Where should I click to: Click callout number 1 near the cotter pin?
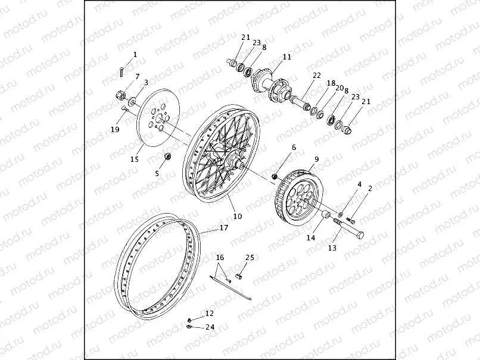tap(135, 55)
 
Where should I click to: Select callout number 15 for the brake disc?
tap(134, 159)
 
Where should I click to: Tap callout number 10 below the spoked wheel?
tap(238, 217)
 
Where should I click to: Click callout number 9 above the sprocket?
tap(317, 159)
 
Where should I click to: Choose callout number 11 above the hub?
tap(287, 57)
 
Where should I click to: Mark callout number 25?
tap(250, 258)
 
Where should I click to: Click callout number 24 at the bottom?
tap(210, 327)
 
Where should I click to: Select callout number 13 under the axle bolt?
tap(332, 248)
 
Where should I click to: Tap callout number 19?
tap(116, 130)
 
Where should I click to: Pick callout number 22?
tap(317, 76)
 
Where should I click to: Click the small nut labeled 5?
tap(168, 156)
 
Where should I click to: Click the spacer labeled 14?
tap(326, 214)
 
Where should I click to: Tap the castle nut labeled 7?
tap(120, 94)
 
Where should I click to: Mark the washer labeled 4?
tap(340, 214)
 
